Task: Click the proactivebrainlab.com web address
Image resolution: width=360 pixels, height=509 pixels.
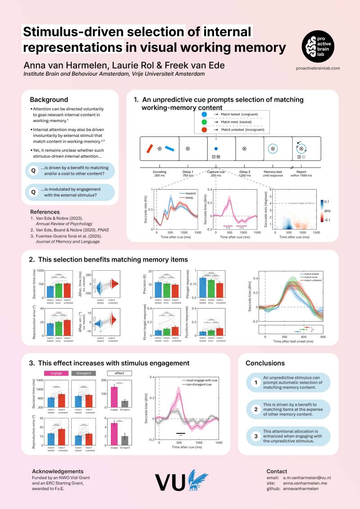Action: click(318, 68)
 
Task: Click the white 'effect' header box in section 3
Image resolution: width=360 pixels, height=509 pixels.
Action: click(120, 373)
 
